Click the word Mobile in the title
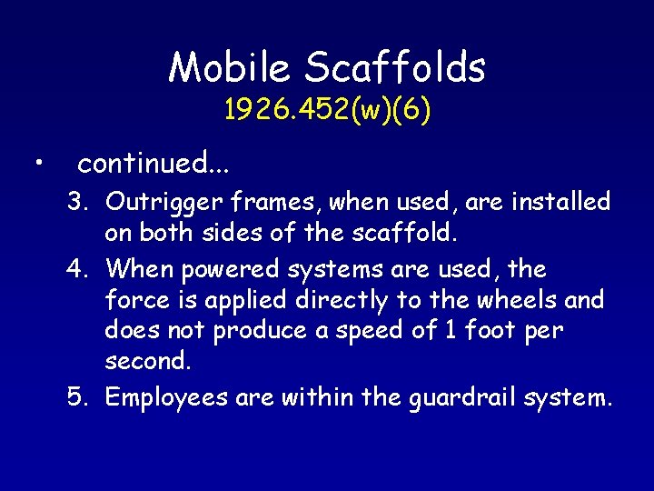tap(229, 67)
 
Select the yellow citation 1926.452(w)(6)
tap(327, 111)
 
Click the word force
tap(134, 300)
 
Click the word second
tap(146, 362)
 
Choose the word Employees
tap(165, 398)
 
